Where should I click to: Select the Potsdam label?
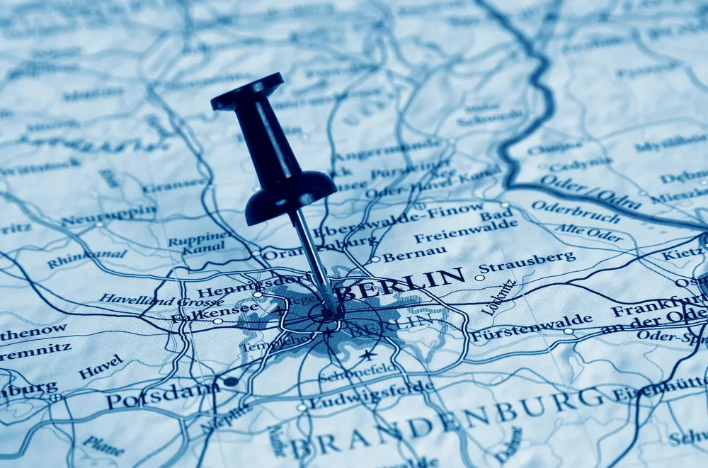point(162,396)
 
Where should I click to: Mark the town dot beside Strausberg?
point(479,278)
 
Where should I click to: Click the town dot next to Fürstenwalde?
point(568,331)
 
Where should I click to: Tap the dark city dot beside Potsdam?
point(230,381)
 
